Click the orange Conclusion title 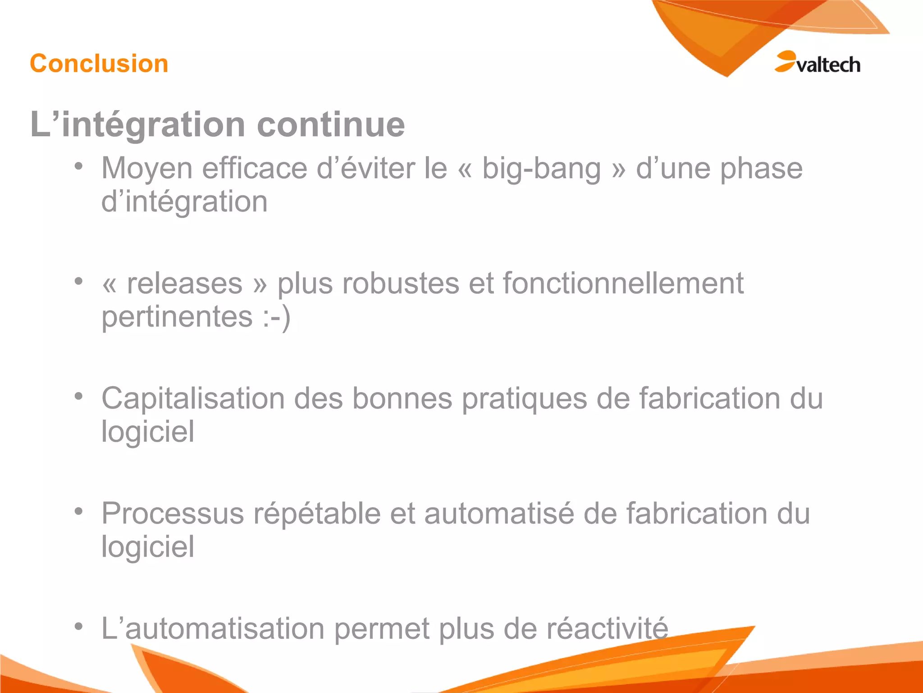[99, 63]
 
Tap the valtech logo [818, 63]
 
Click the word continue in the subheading [331, 125]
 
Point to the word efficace [255, 168]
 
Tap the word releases [185, 284]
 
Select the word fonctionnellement [623, 284]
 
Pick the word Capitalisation [193, 399]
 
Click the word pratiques [525, 400]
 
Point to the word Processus [173, 514]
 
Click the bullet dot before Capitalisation [79, 396]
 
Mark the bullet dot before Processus [79, 511]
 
